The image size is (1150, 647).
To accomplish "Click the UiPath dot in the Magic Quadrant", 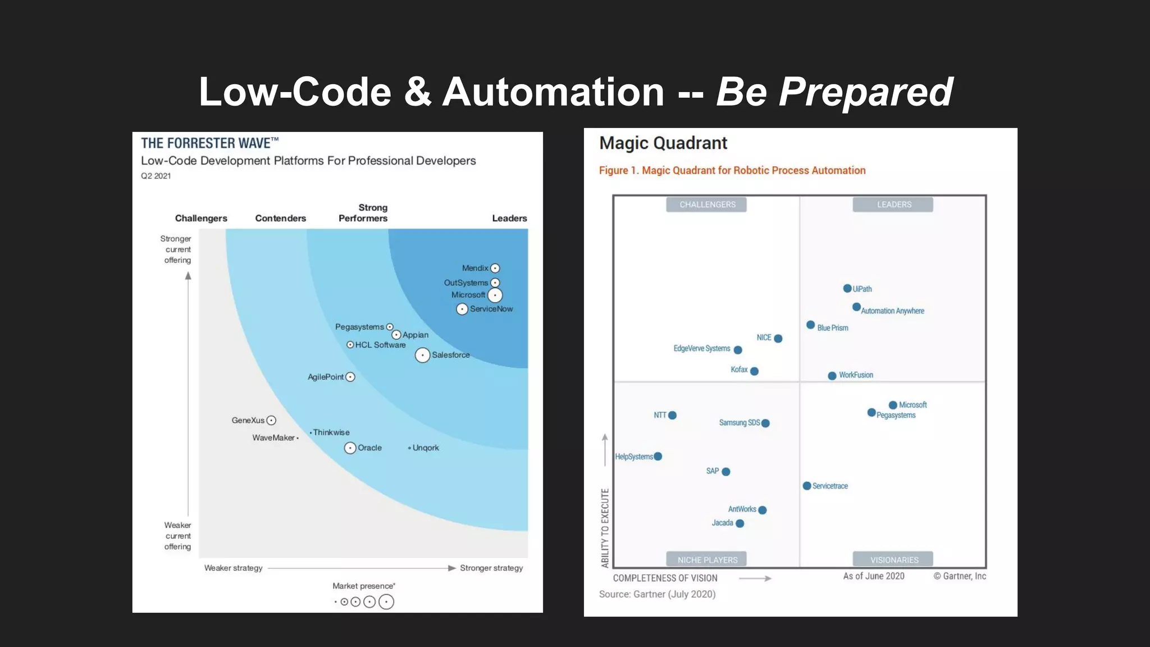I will point(847,289).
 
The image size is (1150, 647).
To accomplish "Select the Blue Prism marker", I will point(810,325).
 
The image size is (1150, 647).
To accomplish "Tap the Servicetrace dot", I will point(807,486).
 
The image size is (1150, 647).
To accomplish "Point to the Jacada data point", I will point(740,523).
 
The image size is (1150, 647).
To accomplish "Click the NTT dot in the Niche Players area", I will point(673,416).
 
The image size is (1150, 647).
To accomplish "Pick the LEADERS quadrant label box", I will point(893,204).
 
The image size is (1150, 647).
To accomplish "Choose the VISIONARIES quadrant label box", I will point(893,559).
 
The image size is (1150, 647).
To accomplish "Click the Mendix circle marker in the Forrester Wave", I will point(495,268).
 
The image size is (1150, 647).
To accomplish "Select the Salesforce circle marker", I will point(422,355).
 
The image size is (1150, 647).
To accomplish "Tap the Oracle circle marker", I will point(350,448).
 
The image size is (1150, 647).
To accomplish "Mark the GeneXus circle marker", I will point(271,420).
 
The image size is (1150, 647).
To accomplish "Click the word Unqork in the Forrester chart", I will point(426,448).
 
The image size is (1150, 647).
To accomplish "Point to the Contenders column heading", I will point(280,218).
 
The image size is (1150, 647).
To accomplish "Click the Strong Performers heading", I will point(363,213).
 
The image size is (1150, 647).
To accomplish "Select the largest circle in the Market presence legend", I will point(386,602).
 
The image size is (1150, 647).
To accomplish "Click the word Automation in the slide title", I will point(553,92).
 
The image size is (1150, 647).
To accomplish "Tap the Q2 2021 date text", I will point(156,176).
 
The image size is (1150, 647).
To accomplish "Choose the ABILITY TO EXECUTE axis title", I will point(605,528).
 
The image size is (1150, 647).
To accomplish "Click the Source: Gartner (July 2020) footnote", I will point(657,594).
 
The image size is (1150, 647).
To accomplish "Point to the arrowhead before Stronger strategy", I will point(451,568).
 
